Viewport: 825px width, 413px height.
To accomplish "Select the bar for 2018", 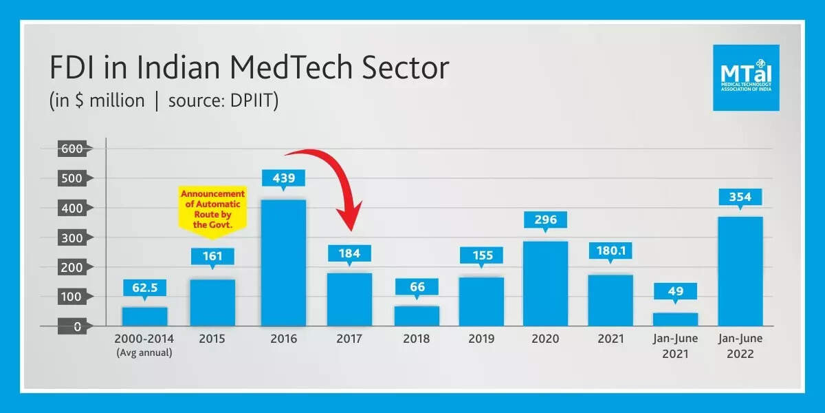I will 417,316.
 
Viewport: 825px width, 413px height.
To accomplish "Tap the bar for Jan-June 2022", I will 740,271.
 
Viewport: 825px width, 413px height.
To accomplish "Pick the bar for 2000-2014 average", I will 145,317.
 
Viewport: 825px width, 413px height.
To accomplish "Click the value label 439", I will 284,178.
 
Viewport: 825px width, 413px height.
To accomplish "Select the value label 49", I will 676,291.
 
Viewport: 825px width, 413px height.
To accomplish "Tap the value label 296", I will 546,220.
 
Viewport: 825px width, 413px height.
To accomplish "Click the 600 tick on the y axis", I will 71,149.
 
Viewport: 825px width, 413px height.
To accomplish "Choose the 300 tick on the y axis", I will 71,237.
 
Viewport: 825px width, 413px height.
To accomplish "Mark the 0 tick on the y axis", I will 78,326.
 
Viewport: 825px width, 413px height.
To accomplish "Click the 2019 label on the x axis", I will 481,339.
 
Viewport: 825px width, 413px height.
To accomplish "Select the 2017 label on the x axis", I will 349,339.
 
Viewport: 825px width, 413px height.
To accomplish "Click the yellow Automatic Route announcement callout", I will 212,210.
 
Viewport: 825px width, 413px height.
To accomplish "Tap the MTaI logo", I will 746,78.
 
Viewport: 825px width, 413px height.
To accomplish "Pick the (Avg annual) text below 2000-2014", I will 145,354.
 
